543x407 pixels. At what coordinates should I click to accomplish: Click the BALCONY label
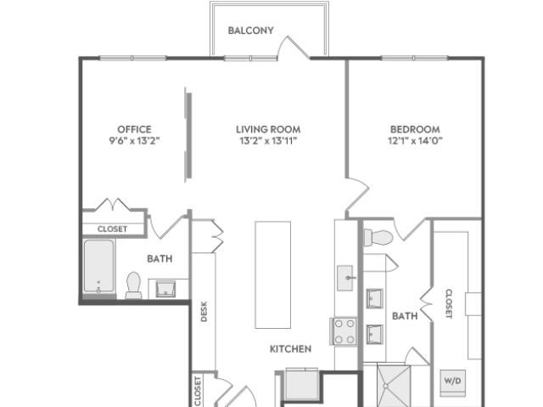pos(251,31)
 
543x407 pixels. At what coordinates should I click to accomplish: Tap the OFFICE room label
pos(134,129)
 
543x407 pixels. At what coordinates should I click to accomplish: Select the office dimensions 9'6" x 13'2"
pos(134,141)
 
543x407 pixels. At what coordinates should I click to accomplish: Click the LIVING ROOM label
pos(268,129)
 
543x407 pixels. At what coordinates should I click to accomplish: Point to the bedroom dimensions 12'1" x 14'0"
pos(415,141)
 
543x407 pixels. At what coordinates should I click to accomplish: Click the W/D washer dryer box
pos(452,383)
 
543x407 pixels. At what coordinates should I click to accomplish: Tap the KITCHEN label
pos(290,348)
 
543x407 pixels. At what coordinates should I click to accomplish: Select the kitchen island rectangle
pos(273,274)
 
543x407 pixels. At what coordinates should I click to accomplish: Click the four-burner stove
pos(343,331)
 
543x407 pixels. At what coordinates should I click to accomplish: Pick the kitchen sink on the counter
pos(345,278)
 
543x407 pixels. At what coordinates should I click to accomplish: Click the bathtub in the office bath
pos(99,266)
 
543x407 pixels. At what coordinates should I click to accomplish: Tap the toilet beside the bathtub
pos(133,285)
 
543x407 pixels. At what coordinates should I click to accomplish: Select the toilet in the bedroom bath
pos(378,237)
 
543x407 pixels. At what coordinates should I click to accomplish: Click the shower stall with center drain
pos(394,386)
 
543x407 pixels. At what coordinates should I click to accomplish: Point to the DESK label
pos(204,311)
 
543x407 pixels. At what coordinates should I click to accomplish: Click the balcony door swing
pos(294,47)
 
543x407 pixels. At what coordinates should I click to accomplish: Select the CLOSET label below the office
pos(112,229)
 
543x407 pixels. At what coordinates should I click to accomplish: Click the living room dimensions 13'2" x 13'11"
pos(268,141)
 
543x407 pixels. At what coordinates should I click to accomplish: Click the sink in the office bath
pos(165,289)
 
